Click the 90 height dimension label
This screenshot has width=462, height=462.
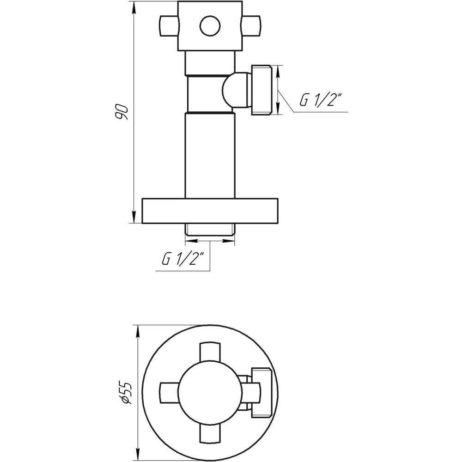coord(122,112)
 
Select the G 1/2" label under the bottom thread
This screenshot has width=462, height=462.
coord(183,258)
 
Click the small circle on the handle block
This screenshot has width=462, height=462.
coord(210,26)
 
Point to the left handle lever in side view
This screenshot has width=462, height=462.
coord(169,26)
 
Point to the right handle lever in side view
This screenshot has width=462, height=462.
coord(251,26)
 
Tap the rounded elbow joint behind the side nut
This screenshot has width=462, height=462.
coord(237,90)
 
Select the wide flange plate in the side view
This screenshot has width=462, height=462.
coord(210,211)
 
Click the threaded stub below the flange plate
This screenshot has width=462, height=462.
coord(210,230)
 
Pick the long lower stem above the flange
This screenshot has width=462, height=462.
coord(210,156)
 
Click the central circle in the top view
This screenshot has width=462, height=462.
coord(210,392)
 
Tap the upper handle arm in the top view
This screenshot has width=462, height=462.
coord(210,352)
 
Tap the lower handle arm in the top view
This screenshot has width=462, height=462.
coord(210,433)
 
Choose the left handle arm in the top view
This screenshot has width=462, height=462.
coord(169,392)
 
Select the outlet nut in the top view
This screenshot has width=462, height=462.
coord(261,392)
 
